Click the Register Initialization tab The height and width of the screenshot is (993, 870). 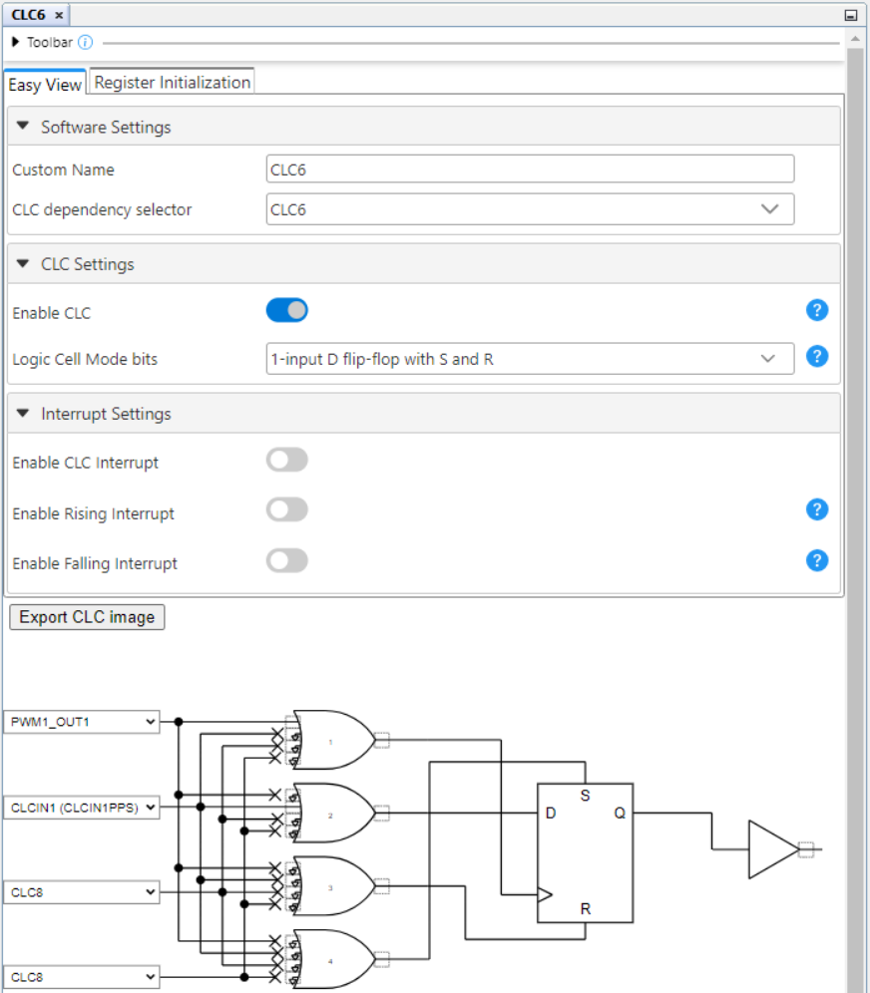click(172, 83)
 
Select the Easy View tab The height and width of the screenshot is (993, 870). click(45, 85)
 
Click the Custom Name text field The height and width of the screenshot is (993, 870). click(530, 169)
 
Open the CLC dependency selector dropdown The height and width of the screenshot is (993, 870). click(530, 209)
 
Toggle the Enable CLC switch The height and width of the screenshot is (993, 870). click(287, 311)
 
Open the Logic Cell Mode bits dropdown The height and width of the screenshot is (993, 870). click(530, 359)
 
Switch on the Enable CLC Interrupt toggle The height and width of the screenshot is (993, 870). click(287, 461)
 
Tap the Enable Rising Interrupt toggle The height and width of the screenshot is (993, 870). click(287, 510)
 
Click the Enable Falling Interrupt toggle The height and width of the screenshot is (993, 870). click(287, 561)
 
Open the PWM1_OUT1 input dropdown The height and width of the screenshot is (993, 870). click(82, 722)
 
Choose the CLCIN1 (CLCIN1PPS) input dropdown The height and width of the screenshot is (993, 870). click(82, 808)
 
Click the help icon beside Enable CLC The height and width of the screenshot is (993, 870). click(816, 311)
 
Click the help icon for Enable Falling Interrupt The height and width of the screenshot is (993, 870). click(816, 560)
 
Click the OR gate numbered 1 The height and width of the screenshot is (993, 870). click(332, 740)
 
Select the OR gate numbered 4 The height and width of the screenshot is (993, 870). click(332, 959)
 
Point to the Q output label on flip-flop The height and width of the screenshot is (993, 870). click(620, 814)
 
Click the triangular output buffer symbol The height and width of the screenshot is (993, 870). click(772, 849)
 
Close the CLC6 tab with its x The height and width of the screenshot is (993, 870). click(59, 15)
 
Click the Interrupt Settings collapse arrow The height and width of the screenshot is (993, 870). click(23, 413)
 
